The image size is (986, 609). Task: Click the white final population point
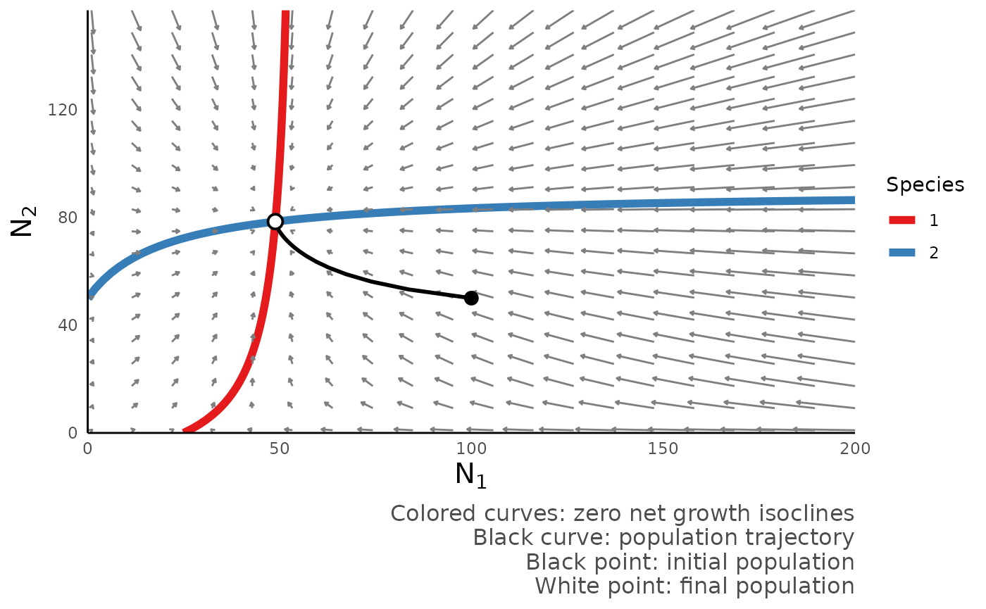pos(275,222)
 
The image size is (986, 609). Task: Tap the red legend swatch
pos(901,220)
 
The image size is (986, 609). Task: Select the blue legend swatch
pos(901,252)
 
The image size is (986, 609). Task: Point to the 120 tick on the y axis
pos(62,110)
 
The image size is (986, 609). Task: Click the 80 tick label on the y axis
pos(68,218)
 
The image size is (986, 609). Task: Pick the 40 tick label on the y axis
pos(68,325)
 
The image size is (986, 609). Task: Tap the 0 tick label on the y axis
pos(73,432)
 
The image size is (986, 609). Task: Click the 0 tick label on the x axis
pos(88,448)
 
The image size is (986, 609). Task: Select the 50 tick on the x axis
pos(280,448)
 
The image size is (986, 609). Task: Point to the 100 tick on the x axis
pos(471,448)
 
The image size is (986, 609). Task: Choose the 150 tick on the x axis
pos(663,448)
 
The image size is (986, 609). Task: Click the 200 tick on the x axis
pos(854,448)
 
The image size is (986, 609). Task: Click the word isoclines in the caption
pos(807,513)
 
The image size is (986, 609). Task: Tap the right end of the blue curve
pos(854,201)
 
